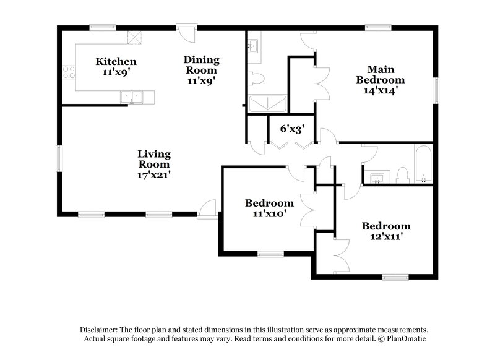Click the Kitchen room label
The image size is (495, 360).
pyautogui.click(x=116, y=67)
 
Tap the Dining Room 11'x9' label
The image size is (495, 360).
pyautogui.click(x=202, y=69)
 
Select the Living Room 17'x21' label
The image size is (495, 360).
pyautogui.click(x=154, y=164)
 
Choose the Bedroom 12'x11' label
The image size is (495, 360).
pyautogui.click(x=386, y=231)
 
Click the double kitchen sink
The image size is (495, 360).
pyautogui.click(x=131, y=96)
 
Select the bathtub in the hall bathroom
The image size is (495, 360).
pyautogui.click(x=424, y=165)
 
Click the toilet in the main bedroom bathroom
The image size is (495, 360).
pyautogui.click(x=256, y=78)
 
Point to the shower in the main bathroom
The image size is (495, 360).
pyautogui.click(x=267, y=104)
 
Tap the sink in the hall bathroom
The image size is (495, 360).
pyautogui.click(x=377, y=178)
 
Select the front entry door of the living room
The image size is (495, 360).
pyautogui.click(x=207, y=211)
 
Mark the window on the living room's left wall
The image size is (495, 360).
pyautogui.click(x=59, y=158)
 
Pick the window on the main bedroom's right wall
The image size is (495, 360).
pyautogui.click(x=436, y=91)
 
